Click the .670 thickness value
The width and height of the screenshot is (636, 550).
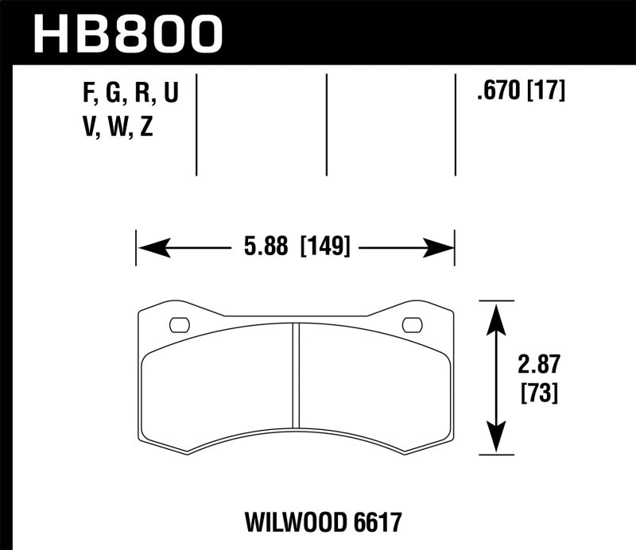494,92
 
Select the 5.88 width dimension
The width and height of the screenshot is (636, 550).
266,247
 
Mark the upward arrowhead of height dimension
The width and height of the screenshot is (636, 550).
496,313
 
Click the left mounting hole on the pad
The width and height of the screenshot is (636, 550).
179,324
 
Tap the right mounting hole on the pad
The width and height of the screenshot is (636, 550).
413,324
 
